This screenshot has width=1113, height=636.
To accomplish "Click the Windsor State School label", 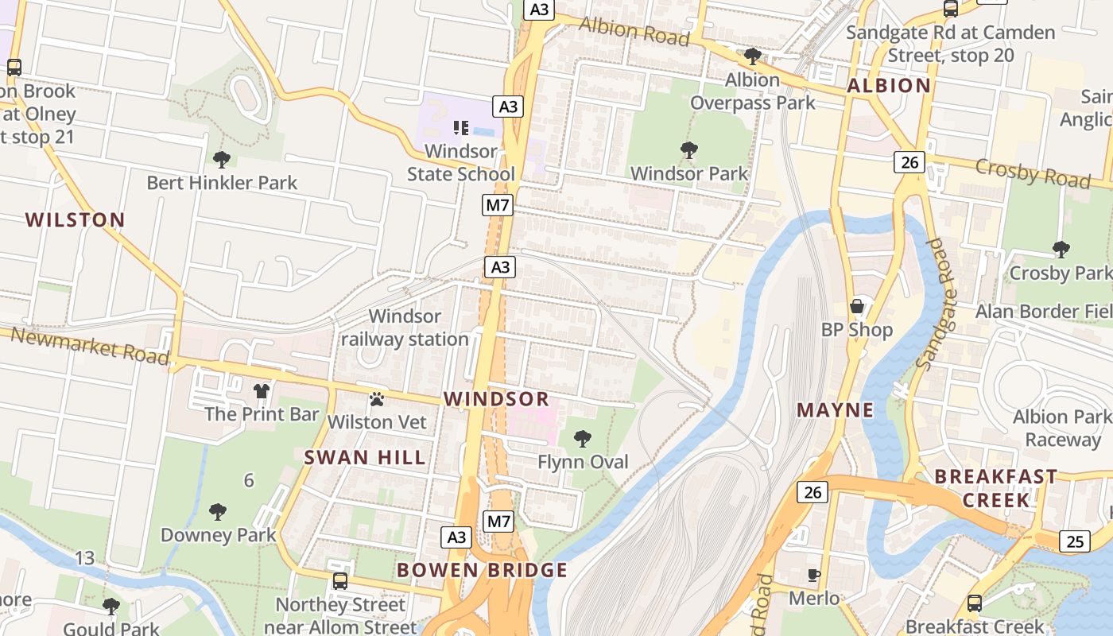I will (x=461, y=162).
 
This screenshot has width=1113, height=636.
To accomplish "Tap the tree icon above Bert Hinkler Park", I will (x=222, y=160).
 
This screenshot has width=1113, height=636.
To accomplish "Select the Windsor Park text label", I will (x=689, y=173).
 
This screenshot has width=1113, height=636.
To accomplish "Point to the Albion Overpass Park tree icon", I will (x=752, y=56).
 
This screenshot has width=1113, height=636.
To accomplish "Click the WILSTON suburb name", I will (x=76, y=219).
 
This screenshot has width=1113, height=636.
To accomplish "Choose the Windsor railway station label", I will (x=405, y=328).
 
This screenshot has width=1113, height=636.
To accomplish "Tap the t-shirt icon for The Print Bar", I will (x=262, y=390).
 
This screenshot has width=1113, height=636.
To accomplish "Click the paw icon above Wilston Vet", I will (x=377, y=398).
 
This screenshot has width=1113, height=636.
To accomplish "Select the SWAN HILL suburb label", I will (x=365, y=457).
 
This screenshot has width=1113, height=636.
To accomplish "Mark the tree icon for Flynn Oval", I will (x=583, y=438).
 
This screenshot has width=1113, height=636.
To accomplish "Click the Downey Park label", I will (x=218, y=534).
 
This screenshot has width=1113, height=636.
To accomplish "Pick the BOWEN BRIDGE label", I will (x=483, y=570).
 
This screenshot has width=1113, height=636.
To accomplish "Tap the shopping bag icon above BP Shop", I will (x=857, y=306).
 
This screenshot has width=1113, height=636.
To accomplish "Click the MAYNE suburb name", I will (x=835, y=410).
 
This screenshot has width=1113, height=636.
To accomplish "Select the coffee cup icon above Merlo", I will (x=814, y=575).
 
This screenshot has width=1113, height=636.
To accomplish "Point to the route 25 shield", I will (x=1074, y=541).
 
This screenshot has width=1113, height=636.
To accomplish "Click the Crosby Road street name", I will (x=1032, y=173).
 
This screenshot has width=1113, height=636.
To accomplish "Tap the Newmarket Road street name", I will (x=91, y=347).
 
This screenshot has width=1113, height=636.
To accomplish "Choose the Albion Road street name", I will (x=634, y=30).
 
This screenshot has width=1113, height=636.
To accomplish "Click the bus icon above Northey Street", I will (x=340, y=581).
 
